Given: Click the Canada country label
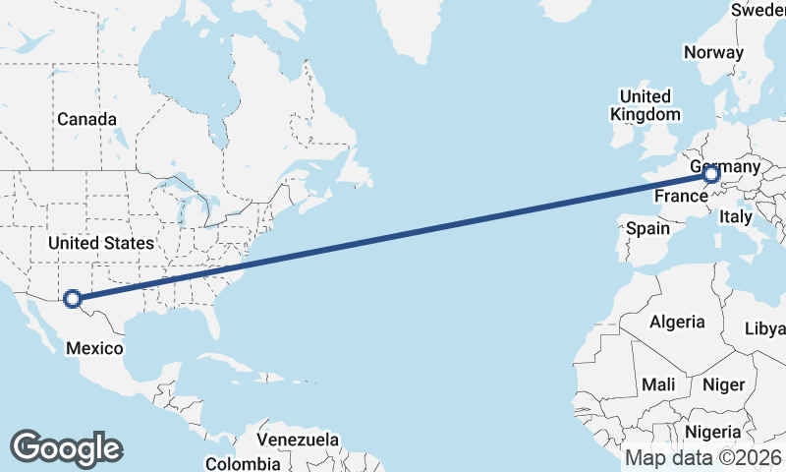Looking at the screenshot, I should pos(86,119).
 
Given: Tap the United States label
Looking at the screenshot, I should pos(101,243).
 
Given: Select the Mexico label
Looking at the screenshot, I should pos(95,348).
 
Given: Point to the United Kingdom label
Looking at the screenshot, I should pos(645,105).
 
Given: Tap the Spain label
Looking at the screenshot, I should pos(647,228).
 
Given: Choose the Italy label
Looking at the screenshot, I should pos(736,216).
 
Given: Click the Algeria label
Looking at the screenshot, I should pos(677,322).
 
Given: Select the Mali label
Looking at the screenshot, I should pos(657,384).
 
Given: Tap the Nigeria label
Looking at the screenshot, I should pos(712,432).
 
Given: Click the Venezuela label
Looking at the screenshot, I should pos(298,439).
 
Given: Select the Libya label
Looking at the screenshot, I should pos(765,327).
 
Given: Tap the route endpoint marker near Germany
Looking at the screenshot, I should pos(711,175).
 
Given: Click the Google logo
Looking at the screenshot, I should pos(66,448).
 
